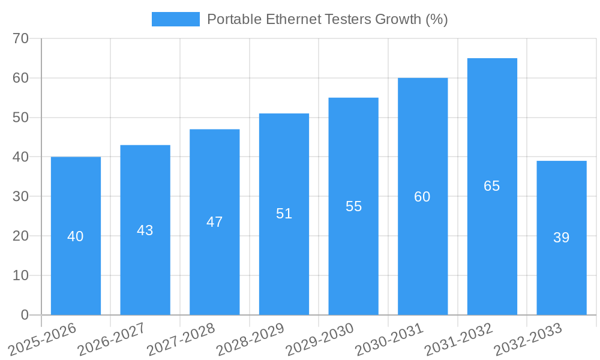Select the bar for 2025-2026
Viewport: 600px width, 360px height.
pyautogui.click(x=76, y=236)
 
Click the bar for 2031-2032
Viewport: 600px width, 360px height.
pyautogui.click(x=492, y=187)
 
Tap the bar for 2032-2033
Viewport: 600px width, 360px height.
pyautogui.click(x=562, y=238)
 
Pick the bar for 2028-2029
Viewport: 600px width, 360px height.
pyautogui.click(x=284, y=214)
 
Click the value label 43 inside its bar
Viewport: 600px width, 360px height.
pyautogui.click(x=145, y=230)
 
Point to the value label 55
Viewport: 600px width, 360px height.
pyautogui.click(x=354, y=206)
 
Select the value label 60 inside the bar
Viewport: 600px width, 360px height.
pyautogui.click(x=422, y=197)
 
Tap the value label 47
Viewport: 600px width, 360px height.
pyautogui.click(x=215, y=222)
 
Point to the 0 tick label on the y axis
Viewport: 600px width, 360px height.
pyautogui.click(x=25, y=315)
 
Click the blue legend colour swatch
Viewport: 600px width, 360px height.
pyautogui.click(x=175, y=19)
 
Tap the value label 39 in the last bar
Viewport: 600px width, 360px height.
pyautogui.click(x=562, y=238)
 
